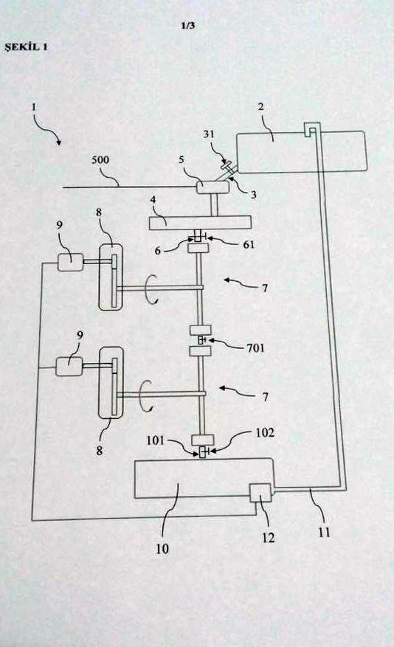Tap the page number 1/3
pyautogui.click(x=187, y=26)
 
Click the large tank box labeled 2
pyautogui.click(x=300, y=152)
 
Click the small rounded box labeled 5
pyautogui.click(x=211, y=188)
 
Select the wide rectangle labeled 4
pyautogui.click(x=200, y=222)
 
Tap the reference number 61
pyautogui.click(x=247, y=244)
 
